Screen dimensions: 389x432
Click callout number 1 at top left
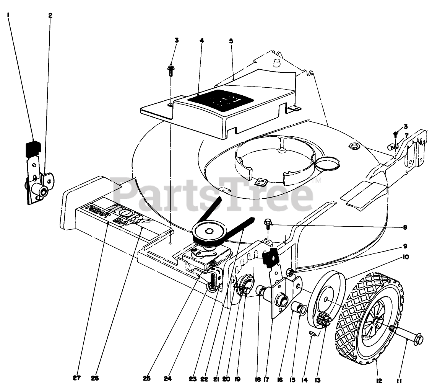coord(7,15)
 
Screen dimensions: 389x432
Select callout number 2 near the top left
coord(50,15)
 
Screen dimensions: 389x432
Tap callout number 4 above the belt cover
coord(202,40)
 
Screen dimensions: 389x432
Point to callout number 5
coord(231,40)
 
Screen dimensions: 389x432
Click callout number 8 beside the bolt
coord(405,227)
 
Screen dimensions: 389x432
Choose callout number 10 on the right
coord(406,257)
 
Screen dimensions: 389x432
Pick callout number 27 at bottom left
coord(77,378)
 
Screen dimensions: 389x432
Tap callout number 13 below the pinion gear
coord(317,380)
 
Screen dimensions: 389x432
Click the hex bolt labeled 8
coord(268,222)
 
